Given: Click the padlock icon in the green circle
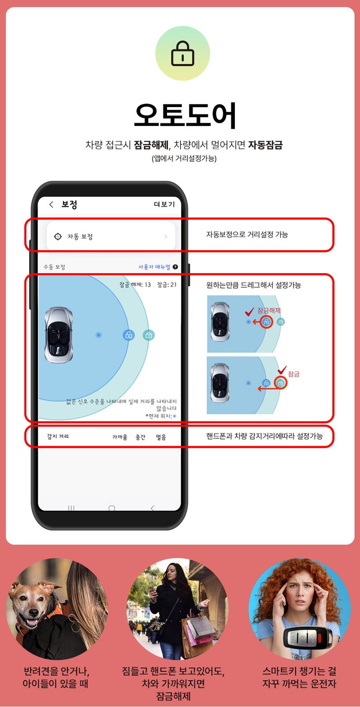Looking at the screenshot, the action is point(182,54).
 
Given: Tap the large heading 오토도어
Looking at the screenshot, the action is point(185,115).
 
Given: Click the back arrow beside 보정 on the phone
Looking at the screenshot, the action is point(52,204).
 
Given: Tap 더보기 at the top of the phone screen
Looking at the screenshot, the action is point(164,204).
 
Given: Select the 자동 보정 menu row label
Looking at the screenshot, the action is point(80,236).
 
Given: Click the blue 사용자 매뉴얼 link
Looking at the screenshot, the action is point(155,267).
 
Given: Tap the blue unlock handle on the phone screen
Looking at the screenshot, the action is point(128,335).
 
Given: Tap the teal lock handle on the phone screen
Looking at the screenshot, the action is point(149,335).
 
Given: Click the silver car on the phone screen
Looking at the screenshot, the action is point(59,335).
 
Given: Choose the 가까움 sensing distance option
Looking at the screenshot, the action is point(120,437).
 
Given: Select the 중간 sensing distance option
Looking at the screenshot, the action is point(140,437).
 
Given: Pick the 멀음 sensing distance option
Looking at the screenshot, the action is point(161,437).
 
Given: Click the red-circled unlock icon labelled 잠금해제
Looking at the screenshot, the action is point(266,322).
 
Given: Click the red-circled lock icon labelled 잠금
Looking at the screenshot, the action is point(281,383).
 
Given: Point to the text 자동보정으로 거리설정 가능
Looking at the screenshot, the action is point(247,234).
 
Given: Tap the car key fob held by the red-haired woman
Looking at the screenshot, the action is point(308,637).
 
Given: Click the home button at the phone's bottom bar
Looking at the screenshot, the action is point(112,508).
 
